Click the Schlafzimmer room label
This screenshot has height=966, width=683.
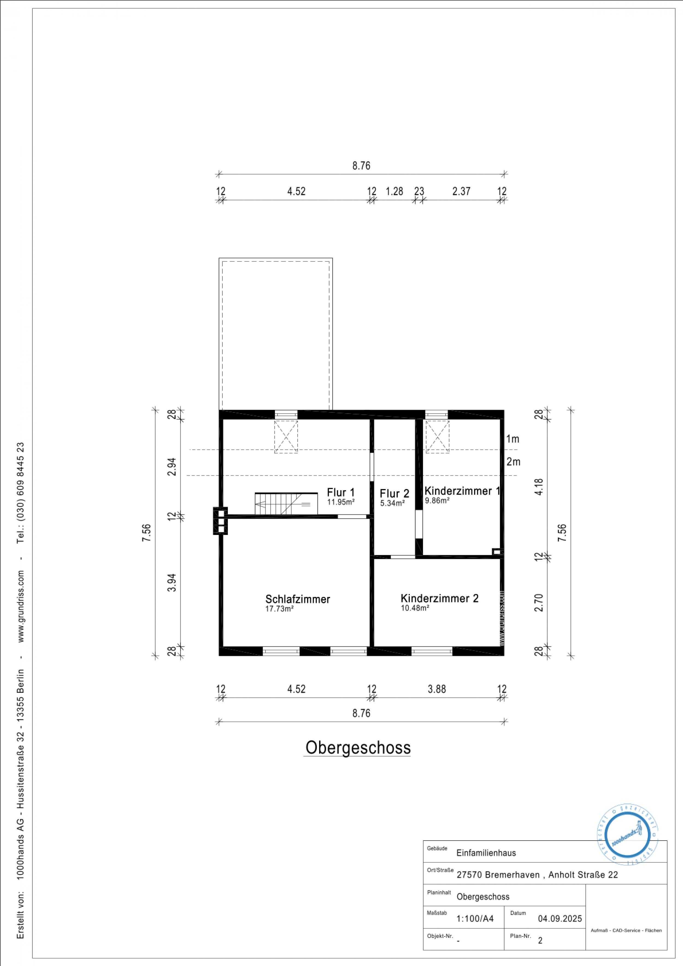coord(298,599)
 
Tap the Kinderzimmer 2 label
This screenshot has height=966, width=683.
coord(439,598)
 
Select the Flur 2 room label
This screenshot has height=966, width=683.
coord(394,494)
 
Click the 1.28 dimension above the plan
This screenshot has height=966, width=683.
coord(394,192)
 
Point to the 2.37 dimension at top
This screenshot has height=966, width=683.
coord(461,192)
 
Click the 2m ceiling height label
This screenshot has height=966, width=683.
coord(513,462)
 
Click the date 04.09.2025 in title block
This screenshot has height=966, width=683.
coord(560,918)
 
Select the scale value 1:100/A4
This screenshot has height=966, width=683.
coord(475,918)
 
